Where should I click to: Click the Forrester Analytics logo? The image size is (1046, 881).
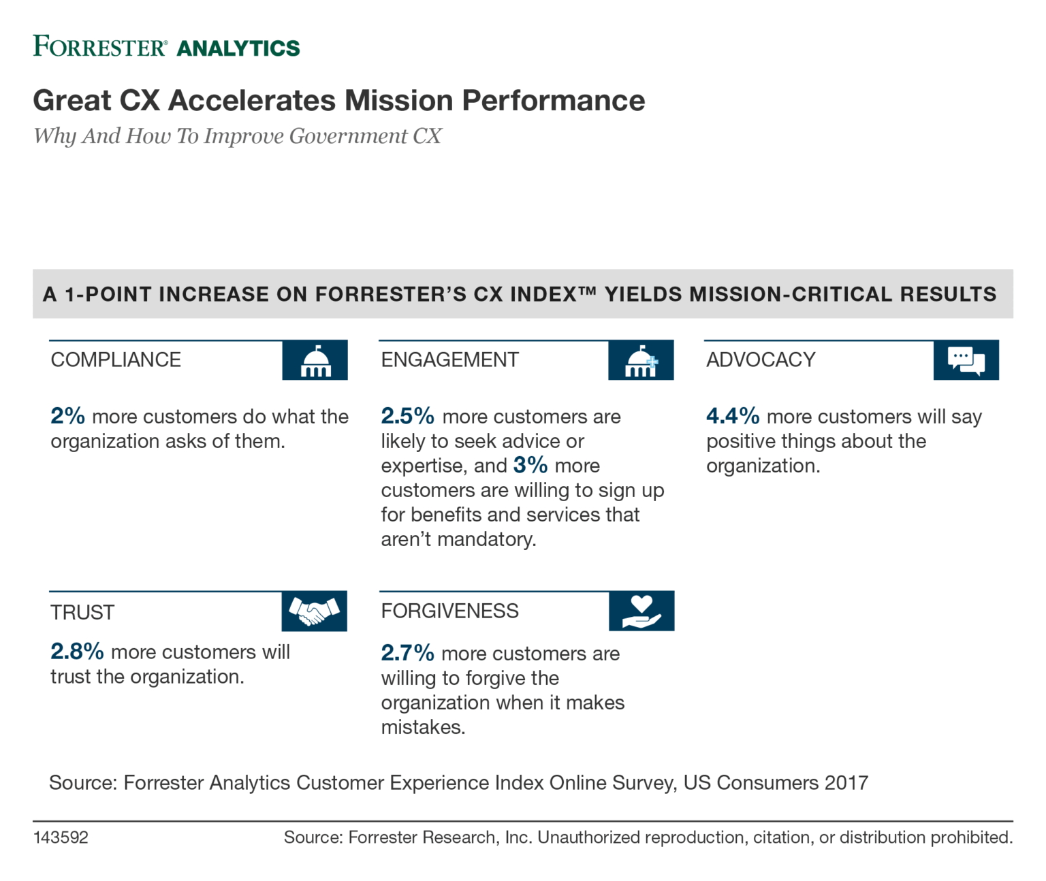167,47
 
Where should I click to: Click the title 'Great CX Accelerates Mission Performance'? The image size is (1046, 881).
338,101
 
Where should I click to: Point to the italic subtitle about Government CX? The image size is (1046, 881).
238,136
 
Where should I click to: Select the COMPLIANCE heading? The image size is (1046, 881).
116,359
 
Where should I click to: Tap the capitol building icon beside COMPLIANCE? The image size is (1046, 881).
315,360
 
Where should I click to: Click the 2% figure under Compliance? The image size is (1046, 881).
67,416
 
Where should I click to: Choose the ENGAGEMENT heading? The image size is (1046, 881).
449,359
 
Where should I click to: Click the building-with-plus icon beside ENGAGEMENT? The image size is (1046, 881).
641,360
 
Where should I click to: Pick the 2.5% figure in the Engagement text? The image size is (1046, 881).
407,416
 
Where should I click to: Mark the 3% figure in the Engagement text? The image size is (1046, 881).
530,465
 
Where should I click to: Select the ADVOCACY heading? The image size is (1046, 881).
761,359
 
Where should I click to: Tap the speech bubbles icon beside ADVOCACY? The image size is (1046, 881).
966,360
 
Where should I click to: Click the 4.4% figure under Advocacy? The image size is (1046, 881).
733,416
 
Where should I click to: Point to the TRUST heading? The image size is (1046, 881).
82,612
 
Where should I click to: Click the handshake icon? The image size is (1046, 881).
314,611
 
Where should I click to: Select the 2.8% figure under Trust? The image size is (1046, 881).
77,652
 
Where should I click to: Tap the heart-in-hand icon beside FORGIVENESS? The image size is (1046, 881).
641,611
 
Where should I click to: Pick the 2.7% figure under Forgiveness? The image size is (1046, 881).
407,653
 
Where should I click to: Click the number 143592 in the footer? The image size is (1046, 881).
61,837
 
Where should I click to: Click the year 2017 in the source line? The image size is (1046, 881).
846,783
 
